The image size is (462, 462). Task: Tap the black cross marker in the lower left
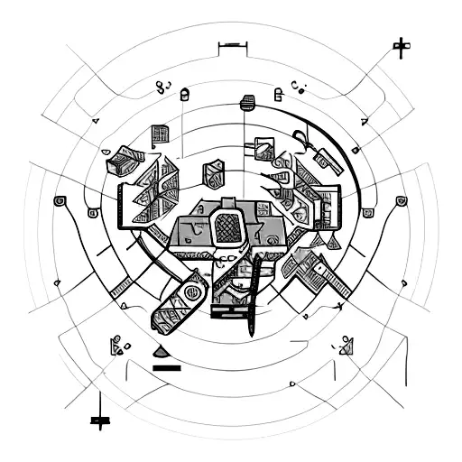pos(98,419)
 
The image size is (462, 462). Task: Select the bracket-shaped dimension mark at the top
pos(232,42)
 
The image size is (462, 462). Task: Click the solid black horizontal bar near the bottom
pos(168,367)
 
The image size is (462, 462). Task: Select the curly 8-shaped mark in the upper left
pos(163,88)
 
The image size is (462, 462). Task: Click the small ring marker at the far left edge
pos(60,200)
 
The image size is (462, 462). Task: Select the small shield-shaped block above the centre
pos(214,170)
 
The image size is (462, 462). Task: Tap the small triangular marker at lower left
pos(115,344)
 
